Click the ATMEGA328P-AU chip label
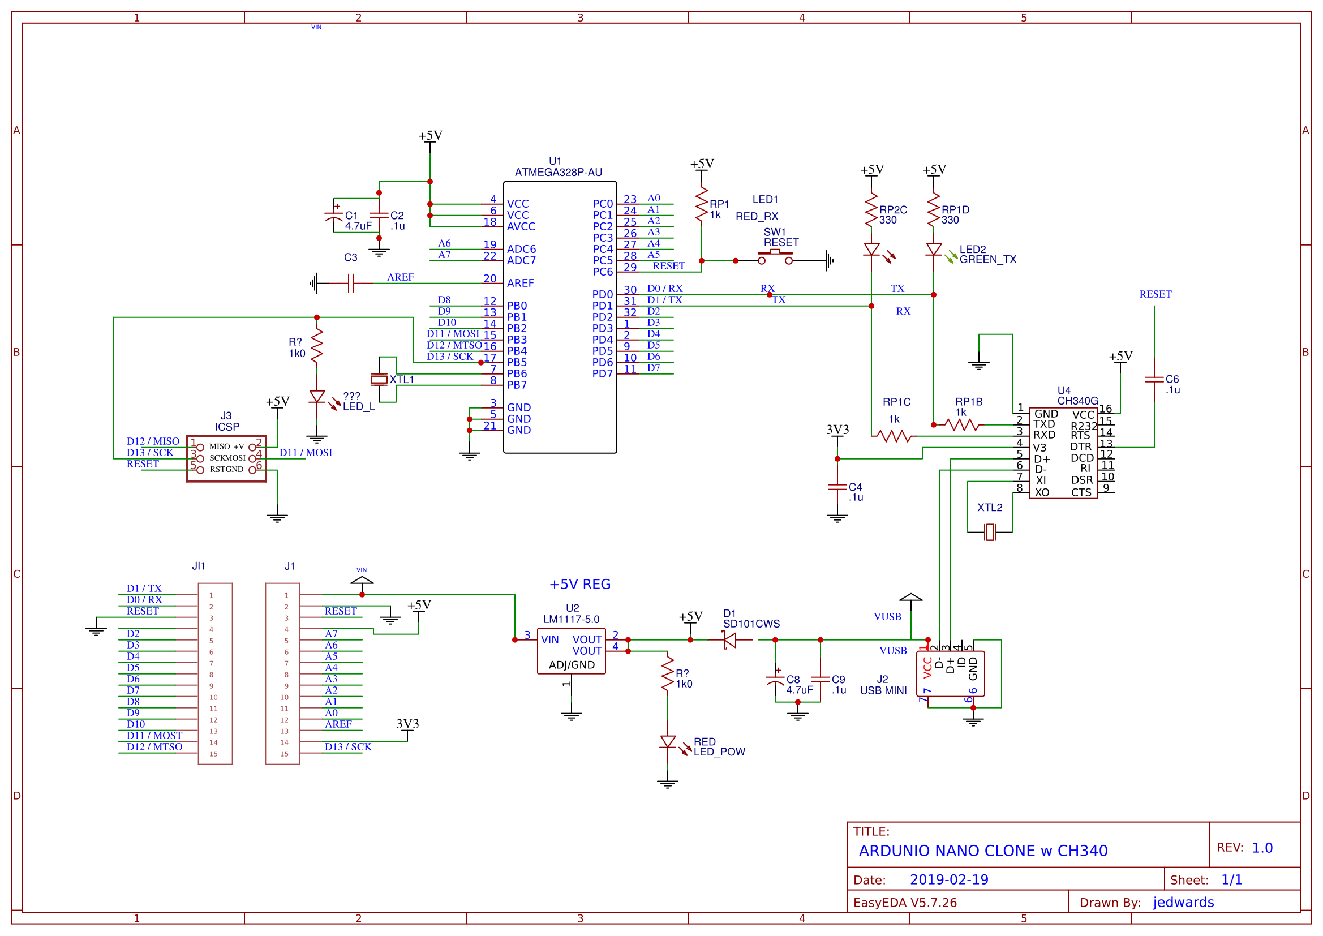[558, 173]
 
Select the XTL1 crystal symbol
[379, 379]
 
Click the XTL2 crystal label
[989, 507]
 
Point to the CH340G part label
[1077, 401]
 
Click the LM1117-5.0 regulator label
[570, 620]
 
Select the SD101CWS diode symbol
[729, 640]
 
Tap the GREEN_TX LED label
[987, 260]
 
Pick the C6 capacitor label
[1171, 379]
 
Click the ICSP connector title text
[227, 427]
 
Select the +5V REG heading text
[579, 585]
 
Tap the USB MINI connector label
[883, 690]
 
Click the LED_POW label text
[719, 752]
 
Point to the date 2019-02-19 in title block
[948, 880]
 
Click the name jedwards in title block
[1183, 903]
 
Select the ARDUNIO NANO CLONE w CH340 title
[983, 851]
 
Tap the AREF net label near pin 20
[401, 277]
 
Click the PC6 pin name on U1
[602, 272]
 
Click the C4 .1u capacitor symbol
[837, 488]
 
